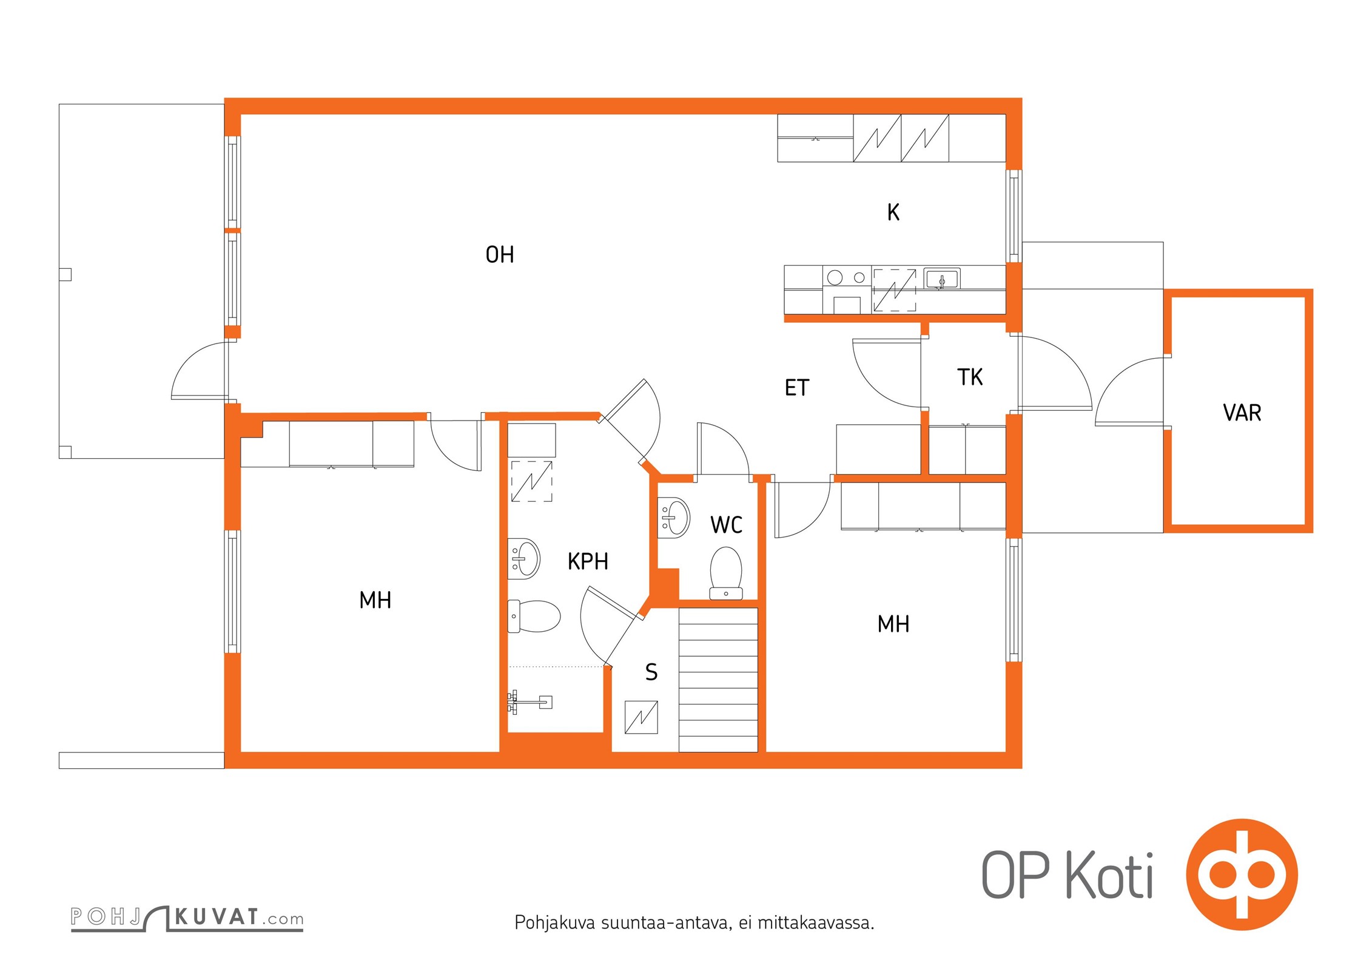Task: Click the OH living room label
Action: coord(500,255)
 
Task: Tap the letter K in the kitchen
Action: coord(893,212)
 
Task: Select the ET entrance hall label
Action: coord(797,388)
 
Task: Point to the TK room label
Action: coord(970,377)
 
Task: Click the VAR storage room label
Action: coord(1242,413)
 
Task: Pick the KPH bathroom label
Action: coord(588,561)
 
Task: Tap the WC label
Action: coord(726,525)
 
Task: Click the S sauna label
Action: coord(651,672)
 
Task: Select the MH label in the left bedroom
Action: coord(375,600)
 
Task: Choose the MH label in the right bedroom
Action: coord(893,624)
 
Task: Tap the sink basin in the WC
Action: coord(674,517)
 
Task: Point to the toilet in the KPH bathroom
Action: coord(534,616)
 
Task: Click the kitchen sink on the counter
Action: coord(942,279)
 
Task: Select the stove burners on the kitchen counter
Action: coord(847,278)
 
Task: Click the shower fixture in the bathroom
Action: coord(530,702)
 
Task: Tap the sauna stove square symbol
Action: coord(641,717)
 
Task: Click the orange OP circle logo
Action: coord(1242,875)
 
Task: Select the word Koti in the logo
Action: coord(1110,876)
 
